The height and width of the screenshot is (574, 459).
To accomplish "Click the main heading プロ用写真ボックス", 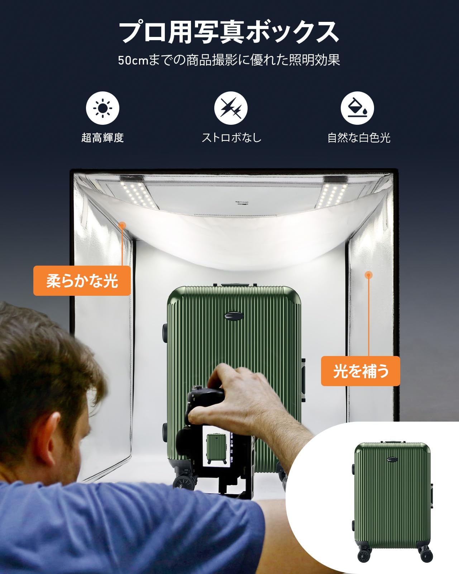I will tap(229, 32).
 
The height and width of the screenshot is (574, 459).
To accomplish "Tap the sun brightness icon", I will tap(102, 108).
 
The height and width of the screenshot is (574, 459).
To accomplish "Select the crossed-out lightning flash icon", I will tap(231, 108).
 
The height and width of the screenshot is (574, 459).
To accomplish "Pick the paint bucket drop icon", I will tap(357, 108).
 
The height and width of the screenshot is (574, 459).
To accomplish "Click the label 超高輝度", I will tap(102, 138).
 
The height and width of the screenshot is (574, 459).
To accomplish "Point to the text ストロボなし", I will tap(231, 138).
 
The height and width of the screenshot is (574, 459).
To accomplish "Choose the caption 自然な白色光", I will tap(359, 138).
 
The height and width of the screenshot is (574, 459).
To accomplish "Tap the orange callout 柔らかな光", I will tap(82, 281).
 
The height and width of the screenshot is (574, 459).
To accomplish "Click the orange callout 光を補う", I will tap(360, 371).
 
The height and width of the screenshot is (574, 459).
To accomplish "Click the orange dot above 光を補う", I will tap(368, 275).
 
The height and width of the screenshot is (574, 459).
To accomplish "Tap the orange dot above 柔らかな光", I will tap(122, 225).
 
